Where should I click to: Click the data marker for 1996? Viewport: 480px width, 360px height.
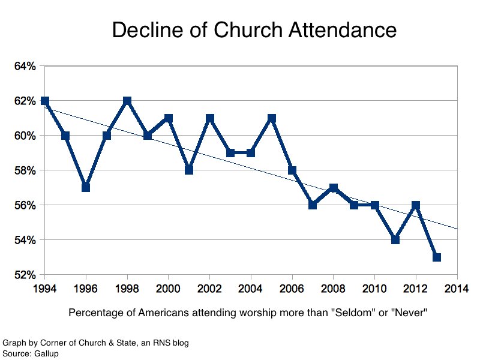point(86,188)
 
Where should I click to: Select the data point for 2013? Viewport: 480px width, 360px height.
point(437,257)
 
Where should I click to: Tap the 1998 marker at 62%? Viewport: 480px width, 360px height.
point(127,101)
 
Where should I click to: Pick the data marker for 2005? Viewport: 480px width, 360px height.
point(272,118)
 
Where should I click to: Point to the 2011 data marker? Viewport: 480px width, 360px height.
point(395,240)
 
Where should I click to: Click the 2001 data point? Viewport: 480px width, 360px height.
point(189,170)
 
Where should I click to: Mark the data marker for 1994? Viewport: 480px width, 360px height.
point(44,101)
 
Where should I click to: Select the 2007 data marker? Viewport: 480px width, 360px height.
point(313,205)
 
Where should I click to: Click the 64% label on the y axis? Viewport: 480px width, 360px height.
point(25,66)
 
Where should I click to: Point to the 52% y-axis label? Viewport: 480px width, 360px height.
point(25,275)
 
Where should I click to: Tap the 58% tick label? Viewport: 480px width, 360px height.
point(25,171)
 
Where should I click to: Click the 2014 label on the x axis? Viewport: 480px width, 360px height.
point(457,289)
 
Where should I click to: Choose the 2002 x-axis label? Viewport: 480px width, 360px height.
point(210,289)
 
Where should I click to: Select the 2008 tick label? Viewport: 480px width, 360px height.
point(334,289)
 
